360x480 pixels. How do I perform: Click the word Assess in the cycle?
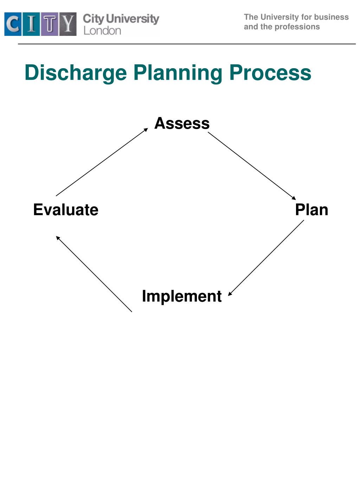tap(182, 123)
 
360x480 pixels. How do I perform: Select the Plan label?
tap(311, 210)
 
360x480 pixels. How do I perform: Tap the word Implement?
tap(181, 296)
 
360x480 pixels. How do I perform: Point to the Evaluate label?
tap(66, 210)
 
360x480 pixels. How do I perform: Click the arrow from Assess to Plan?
tap(251, 165)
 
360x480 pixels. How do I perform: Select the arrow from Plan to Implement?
tap(266, 258)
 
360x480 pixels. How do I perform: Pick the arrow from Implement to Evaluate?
tap(94, 274)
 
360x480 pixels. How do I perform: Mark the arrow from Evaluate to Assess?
tap(102, 162)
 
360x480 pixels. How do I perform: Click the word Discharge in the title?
tap(76, 73)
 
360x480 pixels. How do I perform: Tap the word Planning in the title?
tap(178, 73)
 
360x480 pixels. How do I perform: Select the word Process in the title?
tap(270, 73)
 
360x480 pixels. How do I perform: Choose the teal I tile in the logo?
tap(31, 24)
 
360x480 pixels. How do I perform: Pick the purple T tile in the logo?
tap(50, 24)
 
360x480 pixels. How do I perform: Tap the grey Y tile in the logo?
tap(68, 24)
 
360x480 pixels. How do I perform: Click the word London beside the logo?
tap(102, 31)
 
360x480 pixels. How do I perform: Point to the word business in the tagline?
tap(332, 17)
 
